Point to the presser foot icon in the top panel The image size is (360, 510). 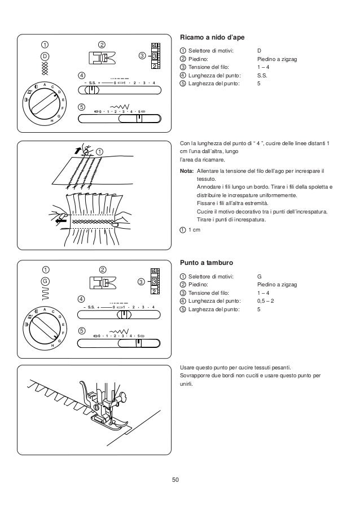tap(102, 58)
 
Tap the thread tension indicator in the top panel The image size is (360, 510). tap(155, 56)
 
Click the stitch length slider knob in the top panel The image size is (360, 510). tap(94, 89)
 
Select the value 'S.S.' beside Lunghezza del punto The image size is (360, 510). tap(261, 75)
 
